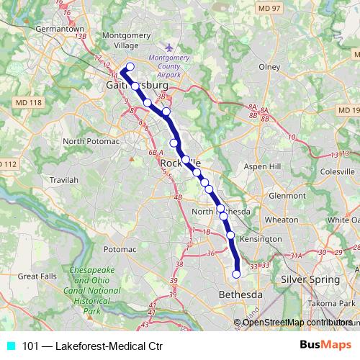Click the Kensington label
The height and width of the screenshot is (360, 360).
tap(261, 238)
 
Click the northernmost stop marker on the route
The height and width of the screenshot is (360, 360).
tap(130, 67)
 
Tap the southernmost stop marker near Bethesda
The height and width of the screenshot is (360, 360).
tap(236, 274)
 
